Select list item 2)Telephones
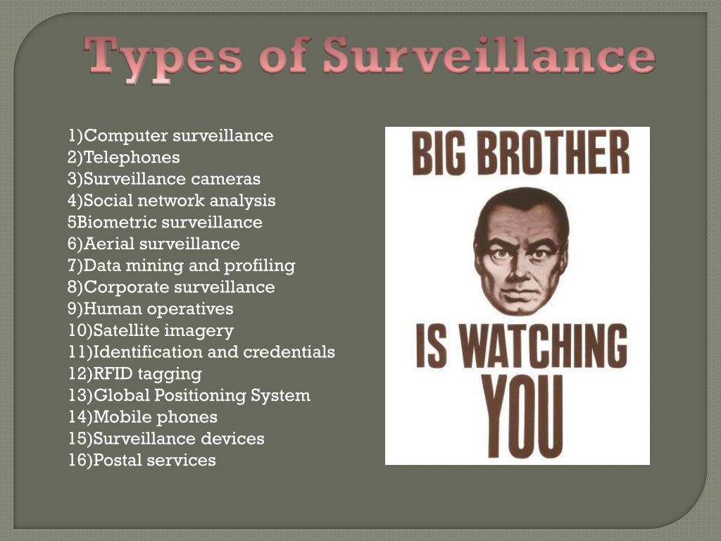tap(124, 157)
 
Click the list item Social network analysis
tap(172, 201)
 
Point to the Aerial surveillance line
tap(154, 244)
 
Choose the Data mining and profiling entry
tap(182, 266)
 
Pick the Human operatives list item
tap(151, 309)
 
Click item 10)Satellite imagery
tap(151, 330)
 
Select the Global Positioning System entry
tap(189, 396)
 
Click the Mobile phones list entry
tap(143, 418)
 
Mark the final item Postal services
tap(142, 461)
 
